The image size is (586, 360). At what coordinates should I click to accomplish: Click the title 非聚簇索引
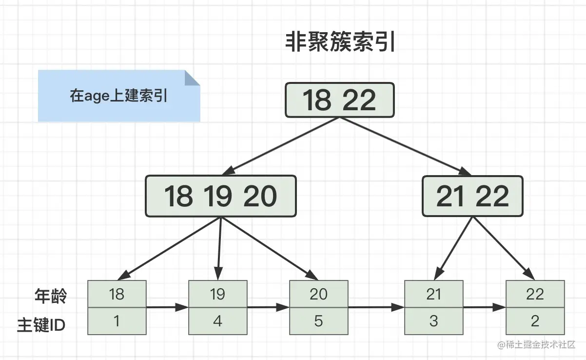(340, 43)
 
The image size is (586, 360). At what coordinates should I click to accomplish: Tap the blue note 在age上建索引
(118, 96)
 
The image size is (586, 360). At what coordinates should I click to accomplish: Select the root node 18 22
(339, 100)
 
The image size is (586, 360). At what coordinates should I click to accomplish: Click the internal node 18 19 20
(220, 196)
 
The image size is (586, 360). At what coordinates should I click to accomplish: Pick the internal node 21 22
(472, 196)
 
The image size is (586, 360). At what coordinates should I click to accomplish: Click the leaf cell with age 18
(117, 294)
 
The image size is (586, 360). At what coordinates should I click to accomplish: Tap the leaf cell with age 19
(217, 294)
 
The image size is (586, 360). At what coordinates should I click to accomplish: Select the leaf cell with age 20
(318, 294)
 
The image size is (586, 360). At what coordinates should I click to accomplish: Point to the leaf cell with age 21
(433, 294)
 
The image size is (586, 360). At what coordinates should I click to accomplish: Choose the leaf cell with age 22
(535, 294)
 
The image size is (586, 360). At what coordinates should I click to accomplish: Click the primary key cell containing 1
(117, 321)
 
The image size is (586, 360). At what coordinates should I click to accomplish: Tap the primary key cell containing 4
(217, 321)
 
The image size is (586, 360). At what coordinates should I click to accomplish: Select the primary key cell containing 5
(318, 321)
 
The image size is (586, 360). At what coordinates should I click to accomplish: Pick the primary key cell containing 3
(433, 321)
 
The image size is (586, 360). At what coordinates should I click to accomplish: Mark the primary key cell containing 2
(535, 321)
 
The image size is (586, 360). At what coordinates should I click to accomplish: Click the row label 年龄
(50, 296)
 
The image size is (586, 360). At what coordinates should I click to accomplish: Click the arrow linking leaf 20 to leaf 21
(376, 307)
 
